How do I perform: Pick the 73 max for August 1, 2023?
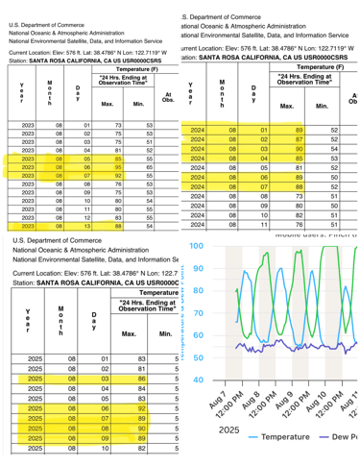point(118,125)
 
